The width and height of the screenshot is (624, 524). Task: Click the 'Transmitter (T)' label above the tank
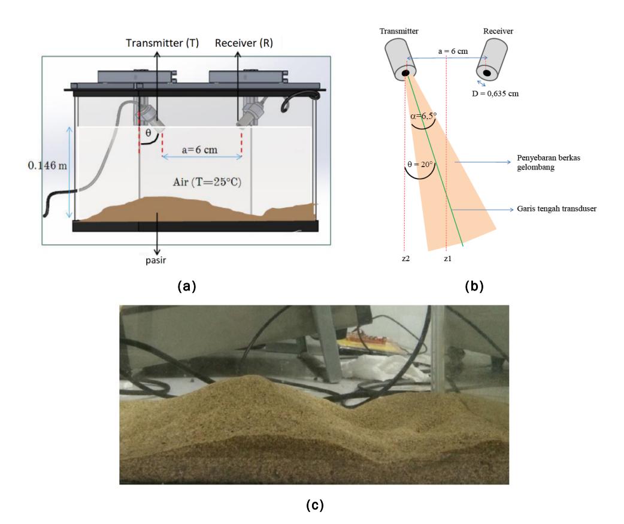tap(162, 43)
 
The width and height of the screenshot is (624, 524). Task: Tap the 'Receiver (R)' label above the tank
tap(244, 43)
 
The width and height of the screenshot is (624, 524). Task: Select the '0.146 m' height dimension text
tap(47, 165)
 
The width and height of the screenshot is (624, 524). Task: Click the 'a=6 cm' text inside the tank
tap(200, 150)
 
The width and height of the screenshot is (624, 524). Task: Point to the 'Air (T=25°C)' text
tap(207, 182)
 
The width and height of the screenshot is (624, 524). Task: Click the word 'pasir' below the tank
tap(156, 261)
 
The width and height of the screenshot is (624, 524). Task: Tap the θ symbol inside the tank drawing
tap(148, 133)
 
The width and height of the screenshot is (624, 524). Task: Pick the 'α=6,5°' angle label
tap(423, 116)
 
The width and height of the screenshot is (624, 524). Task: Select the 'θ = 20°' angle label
tap(420, 164)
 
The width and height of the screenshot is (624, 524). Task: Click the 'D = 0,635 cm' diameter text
tap(495, 94)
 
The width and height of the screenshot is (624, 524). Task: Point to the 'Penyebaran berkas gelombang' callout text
tap(549, 162)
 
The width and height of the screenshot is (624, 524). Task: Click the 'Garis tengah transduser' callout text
tap(556, 208)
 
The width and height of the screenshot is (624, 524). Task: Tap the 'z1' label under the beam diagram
tap(448, 259)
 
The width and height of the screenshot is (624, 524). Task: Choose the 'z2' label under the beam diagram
tap(405, 259)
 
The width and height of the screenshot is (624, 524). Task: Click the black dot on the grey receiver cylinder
tap(487, 73)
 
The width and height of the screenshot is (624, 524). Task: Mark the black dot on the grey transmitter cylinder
tap(405, 73)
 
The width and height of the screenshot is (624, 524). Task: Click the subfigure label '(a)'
tap(187, 286)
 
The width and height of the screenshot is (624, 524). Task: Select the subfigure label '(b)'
tap(474, 286)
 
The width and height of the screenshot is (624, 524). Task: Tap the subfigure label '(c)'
tap(315, 505)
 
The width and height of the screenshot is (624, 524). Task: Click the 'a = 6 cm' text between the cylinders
tap(453, 52)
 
